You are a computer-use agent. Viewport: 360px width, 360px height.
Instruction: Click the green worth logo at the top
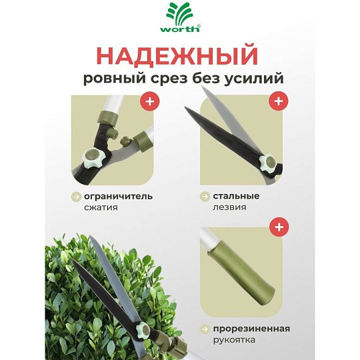click(x=180, y=17)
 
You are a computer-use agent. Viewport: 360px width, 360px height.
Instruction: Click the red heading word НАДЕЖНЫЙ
click(x=177, y=56)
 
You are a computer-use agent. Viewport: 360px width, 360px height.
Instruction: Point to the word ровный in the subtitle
click(x=115, y=79)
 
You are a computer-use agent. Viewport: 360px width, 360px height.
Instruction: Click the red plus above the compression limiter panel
click(x=150, y=101)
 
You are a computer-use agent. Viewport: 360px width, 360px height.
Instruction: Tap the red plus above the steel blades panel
click(x=279, y=101)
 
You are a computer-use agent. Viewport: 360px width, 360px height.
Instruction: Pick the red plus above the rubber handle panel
click(x=279, y=227)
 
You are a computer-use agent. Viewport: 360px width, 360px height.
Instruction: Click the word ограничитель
click(x=118, y=197)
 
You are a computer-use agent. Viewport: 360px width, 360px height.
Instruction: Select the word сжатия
click(x=101, y=207)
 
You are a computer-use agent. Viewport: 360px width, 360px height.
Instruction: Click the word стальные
click(x=236, y=196)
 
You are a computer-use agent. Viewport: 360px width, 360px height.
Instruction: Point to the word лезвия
click(x=229, y=207)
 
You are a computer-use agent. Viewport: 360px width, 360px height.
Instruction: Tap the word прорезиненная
click(x=251, y=329)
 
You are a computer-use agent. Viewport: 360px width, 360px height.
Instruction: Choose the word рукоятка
click(x=234, y=340)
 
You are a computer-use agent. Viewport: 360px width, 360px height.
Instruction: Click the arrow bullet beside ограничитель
click(x=76, y=197)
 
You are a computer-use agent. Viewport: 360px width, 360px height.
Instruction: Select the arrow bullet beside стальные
click(x=205, y=197)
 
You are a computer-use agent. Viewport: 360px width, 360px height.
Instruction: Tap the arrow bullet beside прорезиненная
click(x=205, y=329)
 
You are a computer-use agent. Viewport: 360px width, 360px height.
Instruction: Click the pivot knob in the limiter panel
click(x=93, y=158)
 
